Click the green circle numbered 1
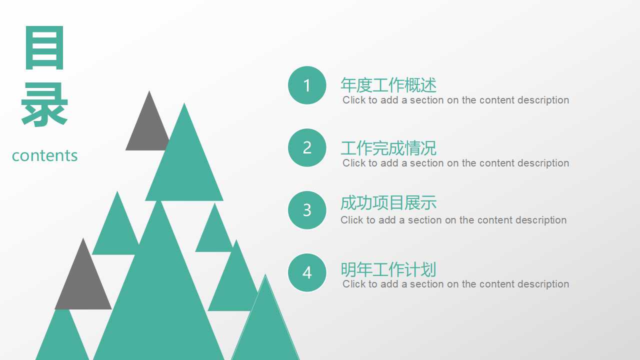point(307,85)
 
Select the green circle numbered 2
point(307,147)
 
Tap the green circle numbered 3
point(307,210)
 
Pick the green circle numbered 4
point(307,272)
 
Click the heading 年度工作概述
point(388,85)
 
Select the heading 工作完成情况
point(388,148)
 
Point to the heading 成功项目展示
point(388,203)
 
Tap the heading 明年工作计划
point(388,270)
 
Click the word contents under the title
point(45,155)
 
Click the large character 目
point(44,48)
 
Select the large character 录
point(44,104)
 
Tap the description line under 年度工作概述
point(455,100)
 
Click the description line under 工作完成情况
point(455,163)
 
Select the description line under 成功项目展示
point(453,220)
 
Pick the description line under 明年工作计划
point(455,284)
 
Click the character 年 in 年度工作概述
point(348,85)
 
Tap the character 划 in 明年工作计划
point(428,270)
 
